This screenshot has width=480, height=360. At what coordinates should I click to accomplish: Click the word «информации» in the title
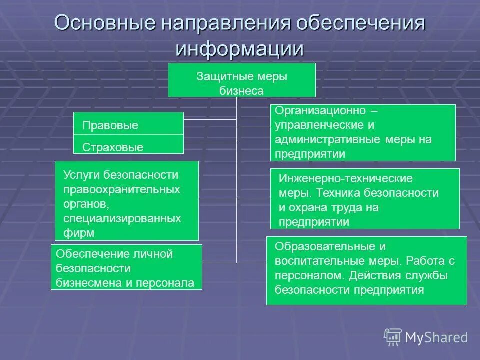(x=240, y=49)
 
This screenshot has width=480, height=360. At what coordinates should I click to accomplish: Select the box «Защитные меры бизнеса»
(x=241, y=80)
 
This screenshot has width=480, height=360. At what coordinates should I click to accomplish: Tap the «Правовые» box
(x=128, y=124)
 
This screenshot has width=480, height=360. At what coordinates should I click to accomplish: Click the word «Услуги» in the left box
(x=82, y=175)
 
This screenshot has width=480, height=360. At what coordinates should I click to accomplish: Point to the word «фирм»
(x=79, y=233)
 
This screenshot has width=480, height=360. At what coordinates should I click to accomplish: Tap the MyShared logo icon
(x=393, y=337)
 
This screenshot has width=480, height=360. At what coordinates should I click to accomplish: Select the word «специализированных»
(x=122, y=218)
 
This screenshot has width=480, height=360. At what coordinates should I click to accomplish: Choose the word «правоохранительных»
(x=122, y=189)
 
